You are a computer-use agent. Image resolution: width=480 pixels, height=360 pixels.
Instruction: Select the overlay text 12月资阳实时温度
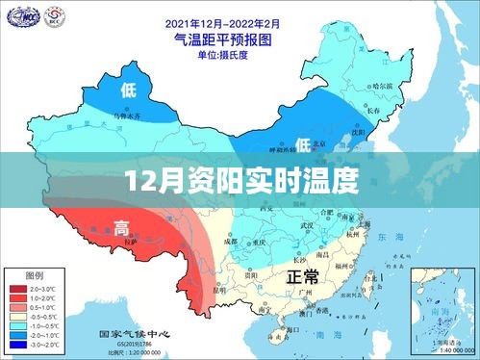240,179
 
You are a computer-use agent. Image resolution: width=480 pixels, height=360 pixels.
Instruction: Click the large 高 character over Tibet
122,227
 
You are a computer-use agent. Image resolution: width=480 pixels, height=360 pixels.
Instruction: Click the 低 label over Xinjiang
129,90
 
